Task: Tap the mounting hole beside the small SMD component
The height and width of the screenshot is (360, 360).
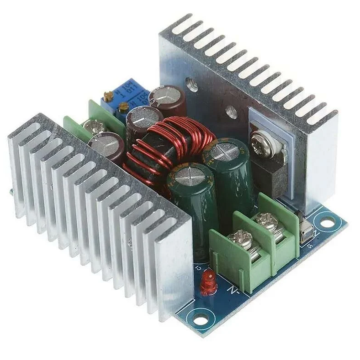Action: click(327, 224)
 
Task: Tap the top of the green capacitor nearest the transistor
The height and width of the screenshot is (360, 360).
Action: click(225, 151)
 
